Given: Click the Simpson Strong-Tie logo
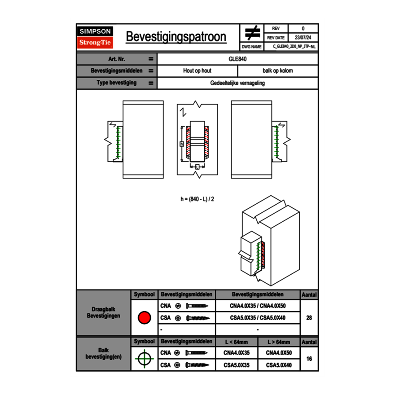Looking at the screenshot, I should point(95,37).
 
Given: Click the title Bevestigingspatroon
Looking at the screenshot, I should point(176,37).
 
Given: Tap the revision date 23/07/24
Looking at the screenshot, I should point(303,38).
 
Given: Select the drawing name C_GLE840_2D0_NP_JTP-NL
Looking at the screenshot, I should point(294,46).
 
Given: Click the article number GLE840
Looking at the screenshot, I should point(238,59).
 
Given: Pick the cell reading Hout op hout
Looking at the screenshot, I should point(197,71).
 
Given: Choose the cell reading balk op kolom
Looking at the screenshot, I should point(278,71).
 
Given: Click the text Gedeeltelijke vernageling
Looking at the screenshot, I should point(238,83).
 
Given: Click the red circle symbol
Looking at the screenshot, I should point(144,318).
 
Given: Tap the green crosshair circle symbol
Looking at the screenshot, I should point(144,359).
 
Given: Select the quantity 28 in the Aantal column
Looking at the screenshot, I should point(309,318).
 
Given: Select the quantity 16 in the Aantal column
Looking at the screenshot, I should point(309,359).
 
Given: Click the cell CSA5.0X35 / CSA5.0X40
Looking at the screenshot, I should point(258,318).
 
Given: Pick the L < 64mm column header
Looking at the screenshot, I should point(237,342).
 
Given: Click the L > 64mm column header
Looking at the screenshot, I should point(279,342).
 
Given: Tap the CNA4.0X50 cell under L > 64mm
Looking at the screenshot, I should point(279,353).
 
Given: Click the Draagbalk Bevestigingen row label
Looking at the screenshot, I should point(103,313).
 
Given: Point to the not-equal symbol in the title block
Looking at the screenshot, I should point(252,33).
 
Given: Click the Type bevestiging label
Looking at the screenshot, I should point(117,83).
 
